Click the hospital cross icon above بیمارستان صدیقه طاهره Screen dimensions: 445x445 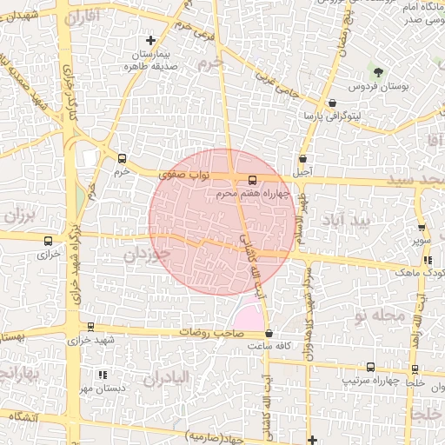click(151, 40)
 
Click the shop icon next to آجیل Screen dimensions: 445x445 click(302, 159)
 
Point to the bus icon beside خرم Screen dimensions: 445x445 click(122, 159)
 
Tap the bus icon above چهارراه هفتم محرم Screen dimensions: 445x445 click(253, 180)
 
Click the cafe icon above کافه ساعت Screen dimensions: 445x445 click(268, 333)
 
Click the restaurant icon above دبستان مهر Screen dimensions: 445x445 click(103, 375)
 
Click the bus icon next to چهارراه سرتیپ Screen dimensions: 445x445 click(371, 368)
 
